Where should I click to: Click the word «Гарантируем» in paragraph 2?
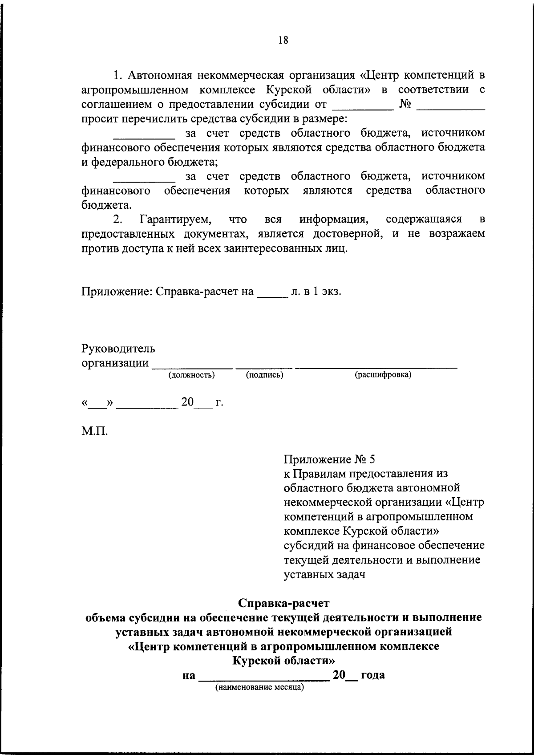click(x=175, y=219)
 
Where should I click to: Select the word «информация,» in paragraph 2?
click(x=334, y=219)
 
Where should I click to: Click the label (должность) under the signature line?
click(x=191, y=375)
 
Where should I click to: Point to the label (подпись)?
click(x=265, y=375)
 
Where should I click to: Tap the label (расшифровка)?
click(x=383, y=375)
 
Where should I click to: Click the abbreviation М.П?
click(x=94, y=431)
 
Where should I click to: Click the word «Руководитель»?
click(x=118, y=348)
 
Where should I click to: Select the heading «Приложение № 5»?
click(x=330, y=459)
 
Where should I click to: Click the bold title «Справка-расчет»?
click(x=283, y=603)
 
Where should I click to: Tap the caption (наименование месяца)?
click(x=259, y=687)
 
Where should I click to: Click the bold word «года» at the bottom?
click(x=373, y=675)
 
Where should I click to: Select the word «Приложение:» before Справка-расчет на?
click(x=117, y=292)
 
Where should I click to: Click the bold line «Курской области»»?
click(x=283, y=660)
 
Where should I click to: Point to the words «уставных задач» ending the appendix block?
click(x=324, y=574)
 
